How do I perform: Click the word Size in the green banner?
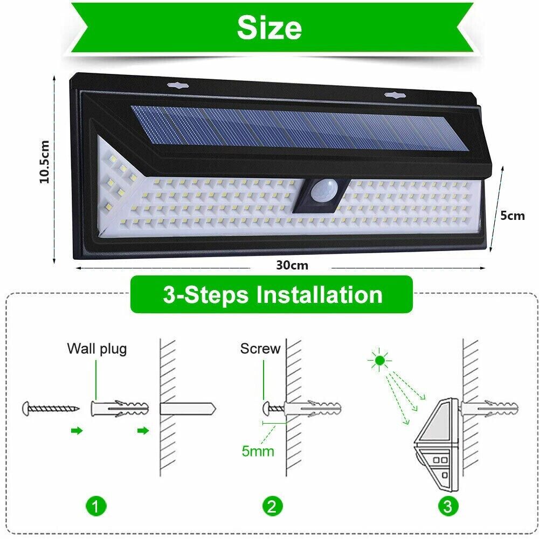click(269, 27)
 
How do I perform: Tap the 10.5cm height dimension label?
click(45, 162)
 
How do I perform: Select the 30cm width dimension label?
click(292, 265)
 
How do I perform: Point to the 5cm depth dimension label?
click(512, 216)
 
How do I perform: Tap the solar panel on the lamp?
click(300, 128)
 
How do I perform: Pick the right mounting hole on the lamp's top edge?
click(395, 94)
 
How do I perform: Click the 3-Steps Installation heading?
click(273, 295)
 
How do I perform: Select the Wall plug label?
click(97, 349)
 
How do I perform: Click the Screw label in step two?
click(260, 349)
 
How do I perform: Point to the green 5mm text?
click(258, 451)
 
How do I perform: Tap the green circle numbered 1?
click(96, 506)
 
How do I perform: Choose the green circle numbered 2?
click(272, 506)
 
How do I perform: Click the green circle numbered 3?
click(447, 506)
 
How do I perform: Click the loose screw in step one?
click(51, 409)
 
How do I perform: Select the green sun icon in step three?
click(379, 360)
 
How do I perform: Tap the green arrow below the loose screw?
click(77, 431)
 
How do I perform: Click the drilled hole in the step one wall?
click(188, 409)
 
